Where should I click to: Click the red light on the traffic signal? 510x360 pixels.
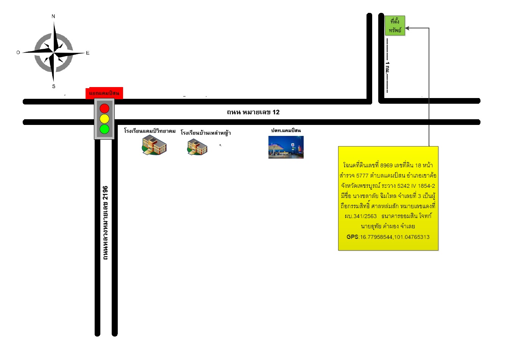pyautogui.click(x=104, y=108)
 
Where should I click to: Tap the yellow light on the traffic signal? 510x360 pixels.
pyautogui.click(x=104, y=119)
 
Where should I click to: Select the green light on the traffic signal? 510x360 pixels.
pyautogui.click(x=104, y=129)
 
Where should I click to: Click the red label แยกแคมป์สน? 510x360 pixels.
pyautogui.click(x=104, y=93)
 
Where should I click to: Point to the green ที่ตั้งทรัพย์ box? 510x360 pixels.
pyautogui.click(x=395, y=25)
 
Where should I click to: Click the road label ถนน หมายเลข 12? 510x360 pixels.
pyautogui.click(x=253, y=112)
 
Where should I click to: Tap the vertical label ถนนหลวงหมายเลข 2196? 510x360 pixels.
pyautogui.click(x=105, y=223)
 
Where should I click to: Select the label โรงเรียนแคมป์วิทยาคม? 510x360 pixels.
pyautogui.click(x=150, y=131)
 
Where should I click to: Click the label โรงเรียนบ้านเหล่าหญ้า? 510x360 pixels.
pyautogui.click(x=206, y=132)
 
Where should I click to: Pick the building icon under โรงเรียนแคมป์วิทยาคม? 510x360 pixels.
pyautogui.click(x=154, y=145)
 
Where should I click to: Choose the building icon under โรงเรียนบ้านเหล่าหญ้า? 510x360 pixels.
pyautogui.click(x=197, y=147)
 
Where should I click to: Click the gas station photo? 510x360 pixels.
pyautogui.click(x=286, y=147)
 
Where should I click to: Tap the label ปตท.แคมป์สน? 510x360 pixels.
pyautogui.click(x=286, y=131)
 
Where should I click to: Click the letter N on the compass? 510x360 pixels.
pyautogui.click(x=53, y=16)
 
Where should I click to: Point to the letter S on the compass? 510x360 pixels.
pyautogui.click(x=54, y=86)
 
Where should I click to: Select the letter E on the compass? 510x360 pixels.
pyautogui.click(x=88, y=53)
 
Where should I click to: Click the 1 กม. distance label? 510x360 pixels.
pyautogui.click(x=387, y=67)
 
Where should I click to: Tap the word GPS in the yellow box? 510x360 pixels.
pyautogui.click(x=352, y=237)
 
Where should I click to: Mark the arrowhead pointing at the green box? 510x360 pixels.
pyautogui.click(x=407, y=28)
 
